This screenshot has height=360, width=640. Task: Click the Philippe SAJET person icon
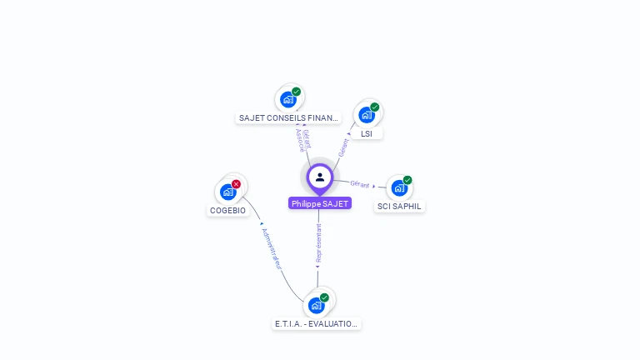coord(320,177)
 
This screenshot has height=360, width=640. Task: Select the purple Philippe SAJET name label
coord(320,203)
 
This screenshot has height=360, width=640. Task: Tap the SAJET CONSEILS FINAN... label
coord(288,118)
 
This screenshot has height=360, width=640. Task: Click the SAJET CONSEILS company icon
coord(288,99)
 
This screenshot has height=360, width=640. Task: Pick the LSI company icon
coord(366,114)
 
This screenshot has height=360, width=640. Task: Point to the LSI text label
coord(367,133)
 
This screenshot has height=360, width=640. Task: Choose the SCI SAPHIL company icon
coord(398,187)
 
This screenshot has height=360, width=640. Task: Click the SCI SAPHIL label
coord(400,206)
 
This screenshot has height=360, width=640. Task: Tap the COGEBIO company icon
coord(227,192)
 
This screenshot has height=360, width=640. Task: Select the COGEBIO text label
coord(227,210)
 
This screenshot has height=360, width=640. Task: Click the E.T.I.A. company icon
coord(316,305)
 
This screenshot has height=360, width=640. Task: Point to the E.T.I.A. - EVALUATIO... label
coord(317,323)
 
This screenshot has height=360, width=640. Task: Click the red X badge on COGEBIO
coord(237,183)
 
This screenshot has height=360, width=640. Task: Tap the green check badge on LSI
coord(375,107)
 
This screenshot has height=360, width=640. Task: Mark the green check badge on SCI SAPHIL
coord(407,180)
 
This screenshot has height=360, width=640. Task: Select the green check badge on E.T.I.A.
coord(325,297)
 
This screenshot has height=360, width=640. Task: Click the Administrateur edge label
coord(272,248)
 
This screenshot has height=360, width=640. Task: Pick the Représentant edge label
coord(318,242)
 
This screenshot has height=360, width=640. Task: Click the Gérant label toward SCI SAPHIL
coord(360,184)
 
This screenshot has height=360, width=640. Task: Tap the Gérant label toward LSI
coord(343,147)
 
